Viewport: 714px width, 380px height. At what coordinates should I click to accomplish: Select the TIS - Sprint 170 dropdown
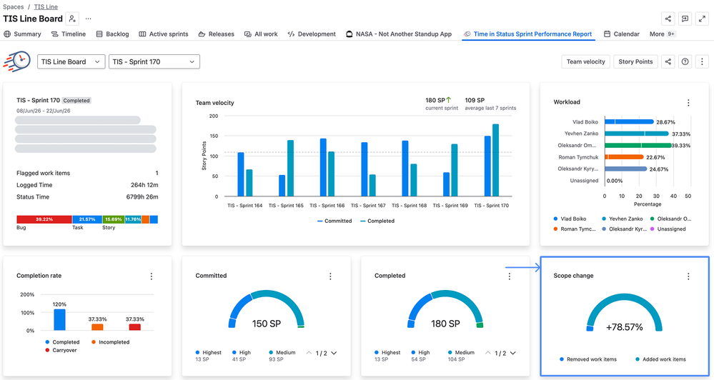[x=154, y=62]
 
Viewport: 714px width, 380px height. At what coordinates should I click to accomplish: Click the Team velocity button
[x=585, y=62]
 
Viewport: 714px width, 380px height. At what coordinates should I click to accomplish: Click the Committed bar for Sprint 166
[x=323, y=167]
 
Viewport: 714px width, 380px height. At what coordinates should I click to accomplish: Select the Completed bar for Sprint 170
[x=495, y=160]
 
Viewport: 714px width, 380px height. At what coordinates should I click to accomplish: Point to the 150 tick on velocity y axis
[x=213, y=136]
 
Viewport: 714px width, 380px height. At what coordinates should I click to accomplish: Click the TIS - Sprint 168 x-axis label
[x=410, y=206]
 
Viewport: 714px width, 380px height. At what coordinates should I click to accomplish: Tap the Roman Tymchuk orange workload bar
[x=624, y=157]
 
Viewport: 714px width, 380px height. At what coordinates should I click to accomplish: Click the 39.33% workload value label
[x=681, y=146]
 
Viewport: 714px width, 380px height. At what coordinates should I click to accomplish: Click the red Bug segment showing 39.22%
[x=44, y=219]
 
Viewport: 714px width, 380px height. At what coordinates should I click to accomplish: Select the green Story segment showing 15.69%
[x=114, y=219]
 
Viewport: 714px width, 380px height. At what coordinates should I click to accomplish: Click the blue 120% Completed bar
[x=59, y=320]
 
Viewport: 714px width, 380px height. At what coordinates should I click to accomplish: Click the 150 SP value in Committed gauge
[x=267, y=324]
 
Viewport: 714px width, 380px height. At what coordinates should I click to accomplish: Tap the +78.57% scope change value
[x=624, y=327]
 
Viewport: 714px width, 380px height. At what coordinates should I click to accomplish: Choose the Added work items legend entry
[x=660, y=359]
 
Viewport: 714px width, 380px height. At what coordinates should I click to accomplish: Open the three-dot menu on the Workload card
[x=688, y=103]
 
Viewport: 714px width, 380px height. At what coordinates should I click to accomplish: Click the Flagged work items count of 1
[x=157, y=174]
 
